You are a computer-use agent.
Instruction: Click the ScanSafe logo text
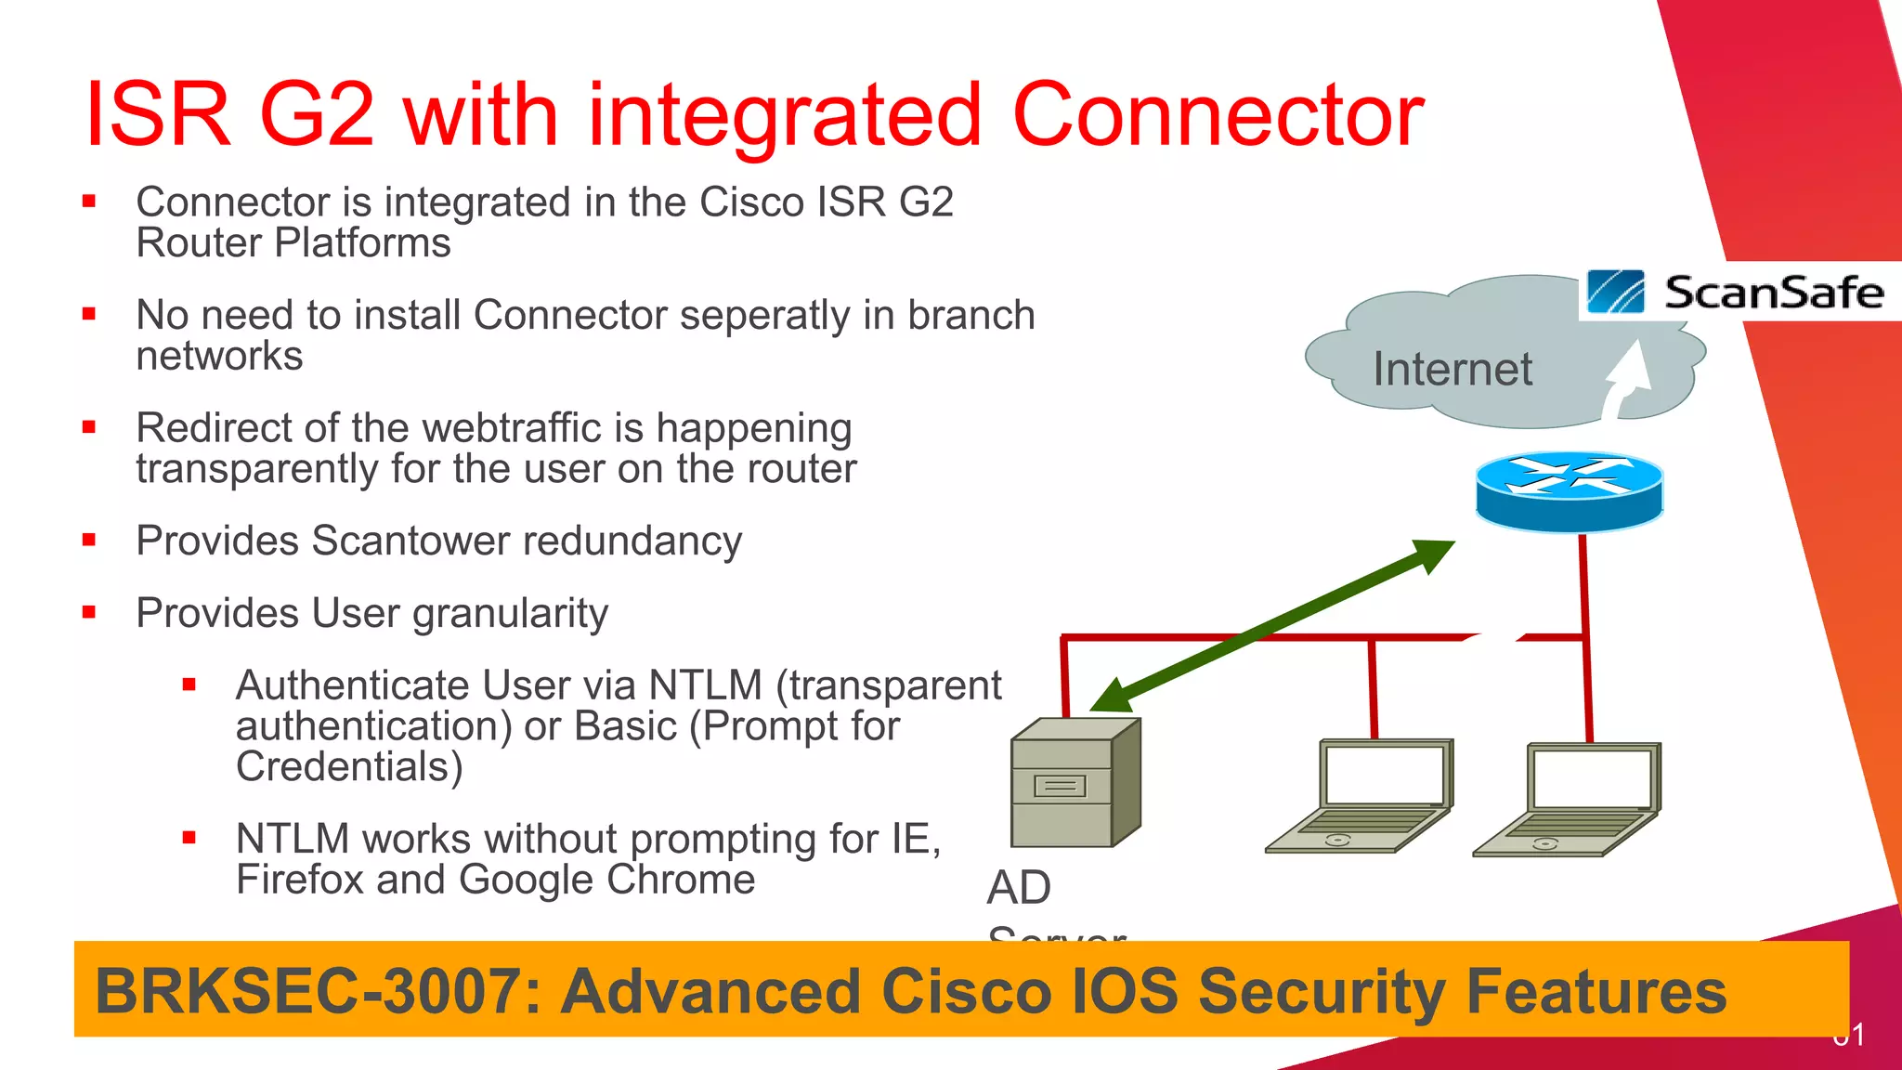coord(1772,293)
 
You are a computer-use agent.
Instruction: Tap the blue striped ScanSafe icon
coord(1615,292)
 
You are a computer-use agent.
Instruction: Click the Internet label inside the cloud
coord(1453,369)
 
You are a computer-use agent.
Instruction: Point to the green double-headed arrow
coord(1272,626)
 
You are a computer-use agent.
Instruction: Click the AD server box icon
coord(1075,783)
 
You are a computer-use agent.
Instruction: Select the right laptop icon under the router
coord(1568,799)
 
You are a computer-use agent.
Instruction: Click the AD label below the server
coord(1019,887)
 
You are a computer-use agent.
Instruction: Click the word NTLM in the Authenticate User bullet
coord(705,685)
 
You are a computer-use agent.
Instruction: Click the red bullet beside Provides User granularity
coord(89,612)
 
